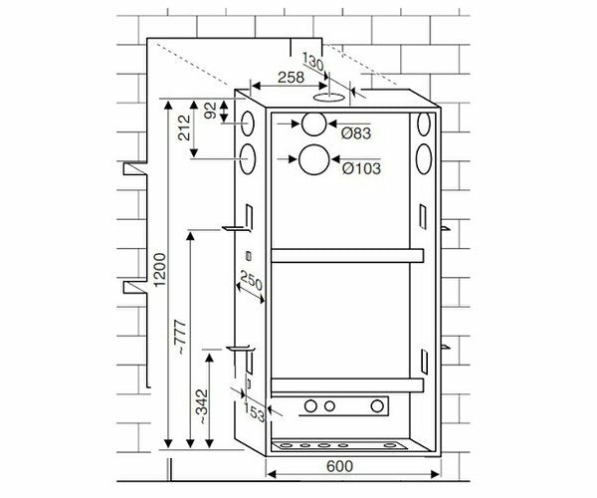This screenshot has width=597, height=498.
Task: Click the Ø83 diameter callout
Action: pyautogui.click(x=355, y=132)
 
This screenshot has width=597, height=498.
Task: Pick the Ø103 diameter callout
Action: pyautogui.click(x=359, y=168)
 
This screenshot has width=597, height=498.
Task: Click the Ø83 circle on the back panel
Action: pyautogui.click(x=313, y=124)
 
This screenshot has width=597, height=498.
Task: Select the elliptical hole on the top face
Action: pyautogui.click(x=326, y=99)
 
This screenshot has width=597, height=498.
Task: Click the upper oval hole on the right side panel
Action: pyautogui.click(x=425, y=124)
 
